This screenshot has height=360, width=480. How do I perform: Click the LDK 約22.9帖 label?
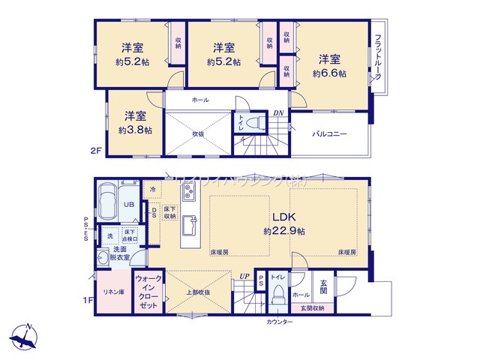[x=283, y=223]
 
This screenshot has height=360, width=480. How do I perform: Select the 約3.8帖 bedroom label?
[x=135, y=122]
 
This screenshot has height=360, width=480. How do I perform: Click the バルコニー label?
[x=329, y=134]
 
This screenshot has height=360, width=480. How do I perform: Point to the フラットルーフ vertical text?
[x=379, y=58]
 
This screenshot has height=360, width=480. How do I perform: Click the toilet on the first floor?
[x=277, y=295]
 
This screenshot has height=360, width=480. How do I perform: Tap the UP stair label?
[x=244, y=276]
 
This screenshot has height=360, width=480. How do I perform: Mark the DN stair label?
[x=278, y=113]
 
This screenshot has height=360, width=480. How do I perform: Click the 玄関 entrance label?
[x=324, y=287]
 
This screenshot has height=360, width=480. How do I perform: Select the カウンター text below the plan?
[x=280, y=322]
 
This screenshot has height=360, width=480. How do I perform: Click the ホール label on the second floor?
[x=200, y=100]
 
